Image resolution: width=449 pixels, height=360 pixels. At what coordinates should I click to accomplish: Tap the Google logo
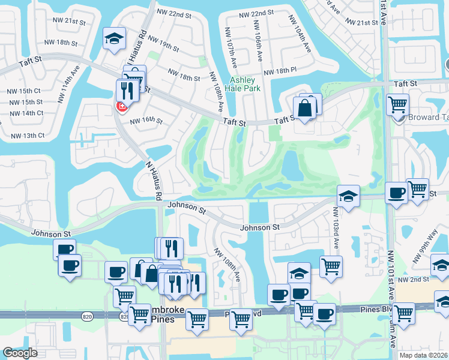pyautogui.click(x=20, y=352)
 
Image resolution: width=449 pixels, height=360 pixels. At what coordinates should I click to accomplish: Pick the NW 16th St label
pyautogui.click(x=146, y=120)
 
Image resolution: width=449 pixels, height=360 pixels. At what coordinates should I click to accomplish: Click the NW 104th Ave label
pyautogui.click(x=299, y=41)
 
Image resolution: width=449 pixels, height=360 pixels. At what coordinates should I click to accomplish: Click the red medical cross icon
pyautogui.click(x=122, y=106)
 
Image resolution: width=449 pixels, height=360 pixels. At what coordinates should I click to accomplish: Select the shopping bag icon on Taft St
pyautogui.click(x=305, y=109)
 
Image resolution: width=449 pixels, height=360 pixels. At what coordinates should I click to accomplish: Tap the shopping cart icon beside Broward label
pyautogui.click(x=397, y=104)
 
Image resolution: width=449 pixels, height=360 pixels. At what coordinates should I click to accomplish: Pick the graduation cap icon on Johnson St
pyautogui.click(x=348, y=196)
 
